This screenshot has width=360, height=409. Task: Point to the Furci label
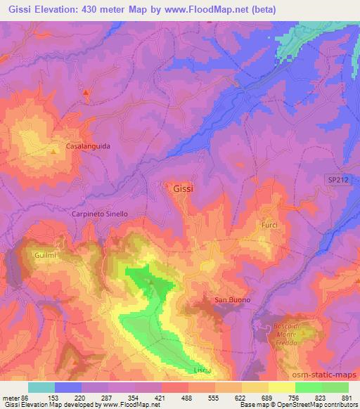click(269, 224)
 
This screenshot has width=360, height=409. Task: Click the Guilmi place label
click(44, 256)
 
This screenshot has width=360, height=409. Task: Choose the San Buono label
click(232, 300)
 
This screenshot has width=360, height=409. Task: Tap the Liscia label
click(202, 370)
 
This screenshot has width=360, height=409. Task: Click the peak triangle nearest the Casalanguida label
click(55, 150)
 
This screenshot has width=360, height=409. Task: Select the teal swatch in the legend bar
click(41, 387)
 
